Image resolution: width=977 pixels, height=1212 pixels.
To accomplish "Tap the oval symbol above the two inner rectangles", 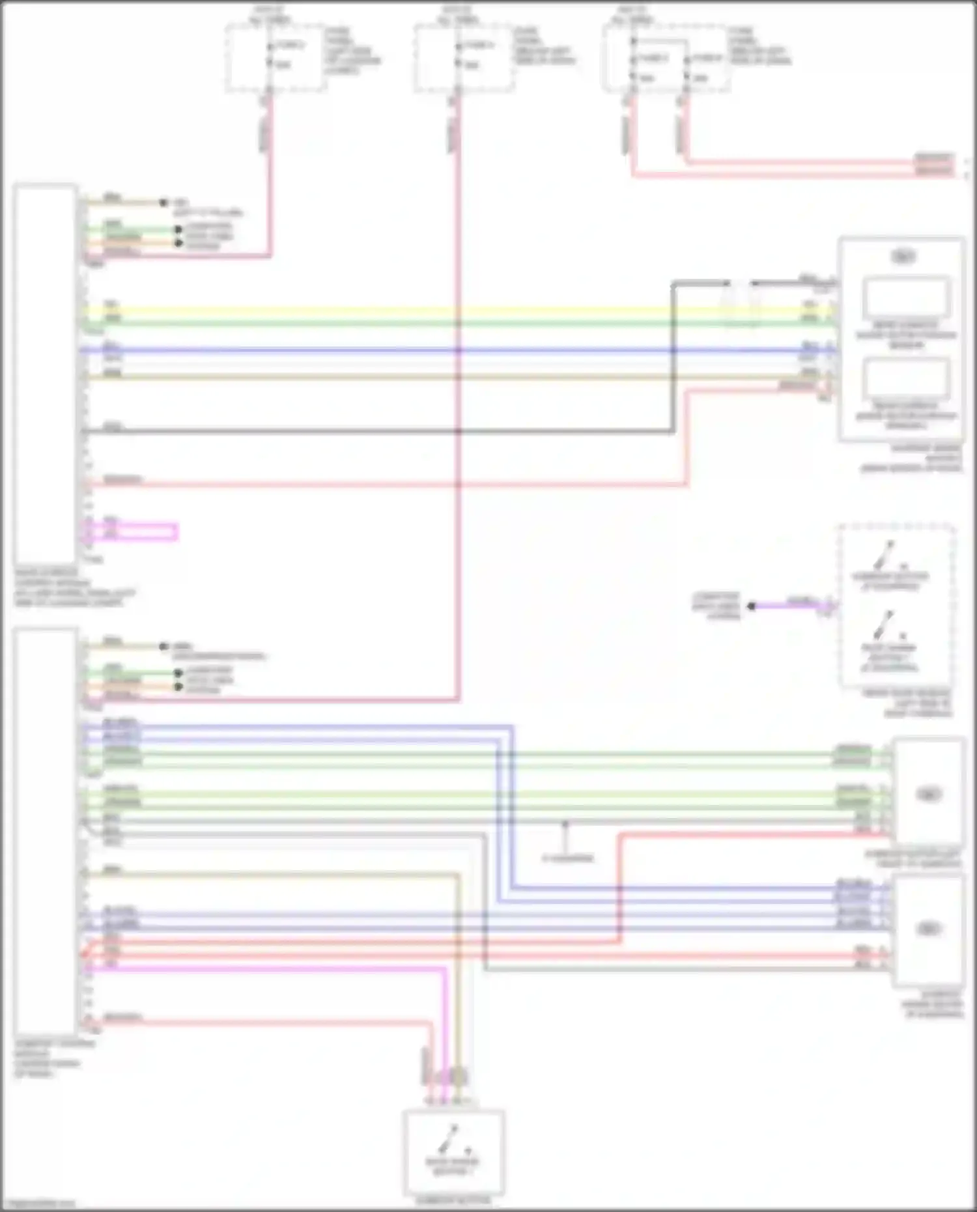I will tap(903, 257).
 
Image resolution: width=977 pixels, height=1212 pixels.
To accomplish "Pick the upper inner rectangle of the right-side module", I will tap(905, 298).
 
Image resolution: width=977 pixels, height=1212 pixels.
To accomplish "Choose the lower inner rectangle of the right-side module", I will tap(905, 379).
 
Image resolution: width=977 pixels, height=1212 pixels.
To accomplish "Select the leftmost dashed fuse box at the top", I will tap(275, 59).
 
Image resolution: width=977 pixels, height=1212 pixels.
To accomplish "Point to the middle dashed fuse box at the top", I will tap(462, 59).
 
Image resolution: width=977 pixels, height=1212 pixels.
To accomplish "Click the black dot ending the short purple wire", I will tap(751, 606).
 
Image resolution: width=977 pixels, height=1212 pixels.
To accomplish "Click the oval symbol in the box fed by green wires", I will tap(929, 794).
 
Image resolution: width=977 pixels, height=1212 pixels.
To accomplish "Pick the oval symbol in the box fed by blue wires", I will tap(929, 929).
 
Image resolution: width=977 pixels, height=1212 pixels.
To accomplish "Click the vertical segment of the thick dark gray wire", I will tap(673, 358).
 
